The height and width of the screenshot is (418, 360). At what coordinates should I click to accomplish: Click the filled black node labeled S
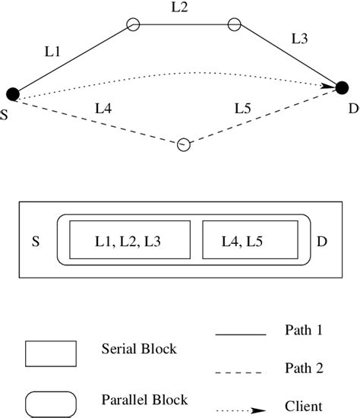12,93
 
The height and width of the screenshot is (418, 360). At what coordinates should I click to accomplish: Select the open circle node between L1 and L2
133,24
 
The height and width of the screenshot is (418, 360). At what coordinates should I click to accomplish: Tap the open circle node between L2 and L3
234,24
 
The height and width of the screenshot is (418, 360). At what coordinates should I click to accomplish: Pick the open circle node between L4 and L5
183,144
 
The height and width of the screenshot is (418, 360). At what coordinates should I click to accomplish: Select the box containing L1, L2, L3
129,241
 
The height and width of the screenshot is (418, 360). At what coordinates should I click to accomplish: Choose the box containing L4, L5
250,241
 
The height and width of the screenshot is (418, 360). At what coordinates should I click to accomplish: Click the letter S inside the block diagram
36,242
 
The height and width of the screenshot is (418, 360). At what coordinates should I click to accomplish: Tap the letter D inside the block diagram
322,242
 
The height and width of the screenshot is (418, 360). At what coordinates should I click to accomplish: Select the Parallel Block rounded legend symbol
51,401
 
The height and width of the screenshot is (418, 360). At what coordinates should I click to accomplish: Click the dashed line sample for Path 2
241,372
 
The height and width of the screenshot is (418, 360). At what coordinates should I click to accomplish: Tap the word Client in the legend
302,407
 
